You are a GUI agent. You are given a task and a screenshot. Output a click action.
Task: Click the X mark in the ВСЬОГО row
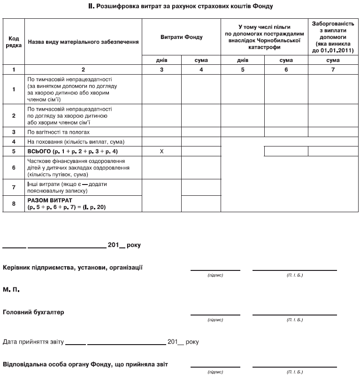pos(161,151)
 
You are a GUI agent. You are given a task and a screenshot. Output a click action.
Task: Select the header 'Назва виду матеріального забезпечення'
pos(83,42)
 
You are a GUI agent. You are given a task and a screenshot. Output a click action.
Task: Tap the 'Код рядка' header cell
pos(14,42)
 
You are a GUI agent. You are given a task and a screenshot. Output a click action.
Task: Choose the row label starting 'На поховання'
pos(75,141)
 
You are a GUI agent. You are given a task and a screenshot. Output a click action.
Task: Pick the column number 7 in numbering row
pos(333,69)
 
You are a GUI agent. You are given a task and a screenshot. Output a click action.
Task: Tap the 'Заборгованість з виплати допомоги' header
pos(333,37)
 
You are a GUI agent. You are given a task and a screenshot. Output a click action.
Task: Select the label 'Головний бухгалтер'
pos(33,312)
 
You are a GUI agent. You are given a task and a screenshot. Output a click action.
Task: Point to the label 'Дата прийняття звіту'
pos(33,342)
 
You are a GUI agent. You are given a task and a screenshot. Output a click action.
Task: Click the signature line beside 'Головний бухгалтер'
pos(215,313)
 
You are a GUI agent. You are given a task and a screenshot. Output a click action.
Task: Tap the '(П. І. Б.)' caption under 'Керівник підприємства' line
pos(294,275)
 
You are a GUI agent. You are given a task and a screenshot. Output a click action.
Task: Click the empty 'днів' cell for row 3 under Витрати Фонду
pos(161,132)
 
